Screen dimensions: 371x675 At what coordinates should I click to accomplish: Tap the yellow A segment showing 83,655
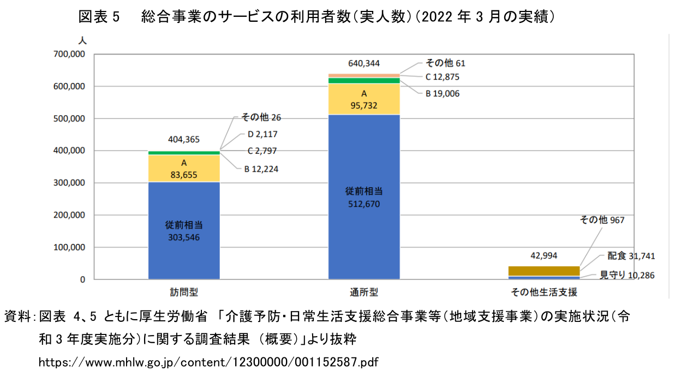[184, 169]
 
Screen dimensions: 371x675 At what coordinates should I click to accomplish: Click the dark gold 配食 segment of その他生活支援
[543, 271]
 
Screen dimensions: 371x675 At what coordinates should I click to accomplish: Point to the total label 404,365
[184, 139]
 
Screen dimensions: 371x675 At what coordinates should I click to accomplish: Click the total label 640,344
[364, 63]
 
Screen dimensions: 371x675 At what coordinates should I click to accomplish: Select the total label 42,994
[543, 255]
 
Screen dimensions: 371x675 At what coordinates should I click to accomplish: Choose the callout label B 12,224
[261, 169]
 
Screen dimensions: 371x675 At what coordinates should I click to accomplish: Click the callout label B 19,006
[443, 93]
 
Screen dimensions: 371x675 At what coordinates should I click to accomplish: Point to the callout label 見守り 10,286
[627, 275]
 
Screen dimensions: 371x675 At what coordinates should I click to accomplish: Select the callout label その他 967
[601, 220]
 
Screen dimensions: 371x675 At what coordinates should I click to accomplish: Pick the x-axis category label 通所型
[364, 292]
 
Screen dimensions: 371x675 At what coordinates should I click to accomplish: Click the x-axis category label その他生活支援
[543, 292]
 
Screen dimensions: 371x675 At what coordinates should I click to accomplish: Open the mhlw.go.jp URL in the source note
[208, 362]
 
